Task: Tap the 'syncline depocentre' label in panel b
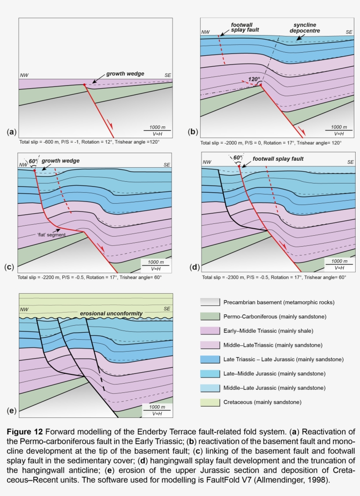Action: (304, 28)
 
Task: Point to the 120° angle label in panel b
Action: (254, 79)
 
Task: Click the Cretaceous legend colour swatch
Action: (209, 402)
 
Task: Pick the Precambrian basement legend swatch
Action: (209, 302)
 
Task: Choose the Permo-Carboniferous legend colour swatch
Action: (209, 316)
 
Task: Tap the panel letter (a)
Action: (11, 132)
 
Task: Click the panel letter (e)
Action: (11, 411)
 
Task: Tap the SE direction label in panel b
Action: (349, 32)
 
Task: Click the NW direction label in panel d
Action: (206, 162)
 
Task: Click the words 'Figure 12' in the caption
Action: (25, 432)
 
